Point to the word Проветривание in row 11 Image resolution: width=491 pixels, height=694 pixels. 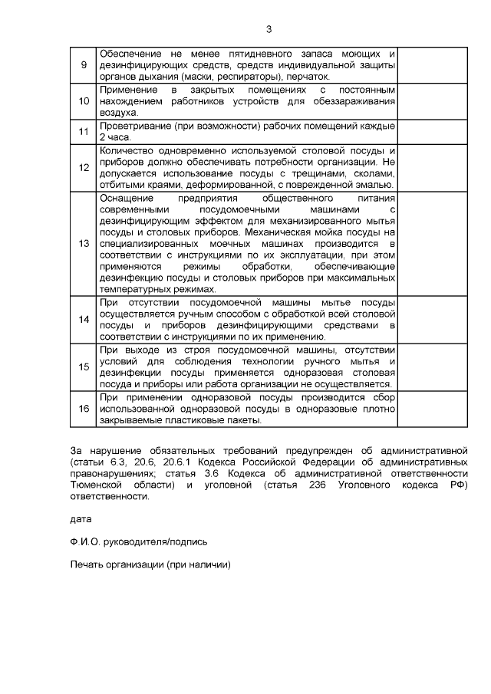[x=136, y=127]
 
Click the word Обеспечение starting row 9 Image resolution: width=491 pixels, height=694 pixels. [x=128, y=54]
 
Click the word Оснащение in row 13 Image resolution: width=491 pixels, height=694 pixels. [x=125, y=198]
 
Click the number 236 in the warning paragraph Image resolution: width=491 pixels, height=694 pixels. [x=338, y=485]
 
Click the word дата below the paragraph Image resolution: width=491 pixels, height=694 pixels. [x=80, y=519]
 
